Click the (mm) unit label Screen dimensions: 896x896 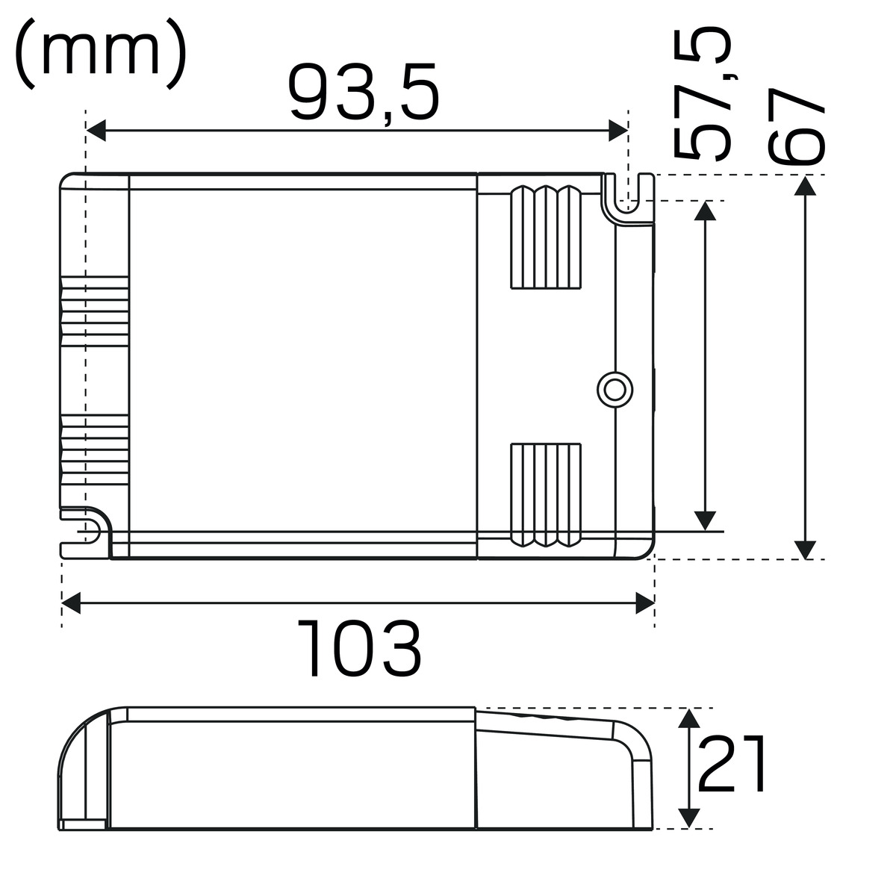point(101,55)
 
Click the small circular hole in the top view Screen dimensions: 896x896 point(615,390)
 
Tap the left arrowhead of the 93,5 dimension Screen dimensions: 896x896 point(96,130)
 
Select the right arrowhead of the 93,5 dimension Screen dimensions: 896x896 point(618,130)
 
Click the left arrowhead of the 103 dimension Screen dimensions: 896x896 point(71,603)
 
